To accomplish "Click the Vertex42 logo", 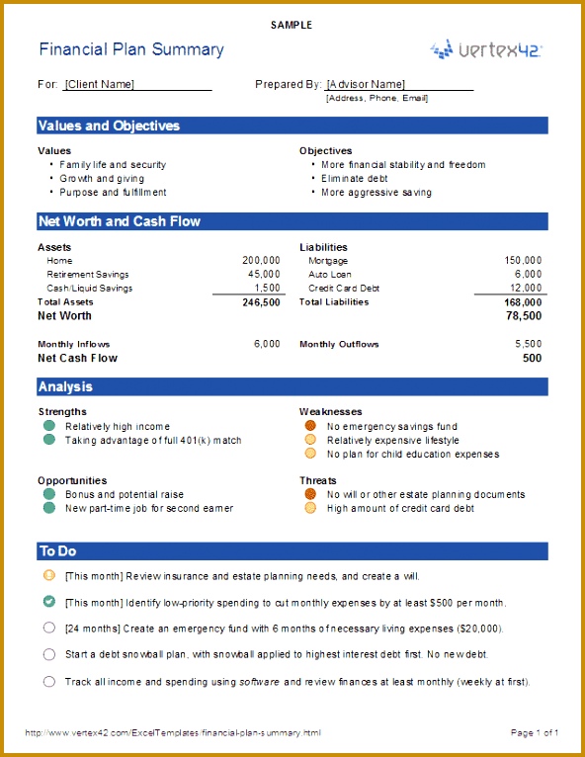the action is pos(485,49).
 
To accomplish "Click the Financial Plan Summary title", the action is pos(131,49).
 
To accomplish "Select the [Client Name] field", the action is pos(99,85).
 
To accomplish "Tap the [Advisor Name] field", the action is pos(366,85).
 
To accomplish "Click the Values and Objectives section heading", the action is pos(109,126).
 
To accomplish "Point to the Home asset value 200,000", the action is pos(261,261).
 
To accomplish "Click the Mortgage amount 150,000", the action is pos(523,261).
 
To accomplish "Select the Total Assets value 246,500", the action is pos(261,302).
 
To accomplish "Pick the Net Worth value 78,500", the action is pos(524,316).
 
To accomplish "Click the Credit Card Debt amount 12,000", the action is pos(526,289).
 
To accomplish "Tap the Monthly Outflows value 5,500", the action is pos(529,345).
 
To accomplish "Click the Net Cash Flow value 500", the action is pos(533,359).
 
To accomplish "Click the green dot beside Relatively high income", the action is pos(48,427).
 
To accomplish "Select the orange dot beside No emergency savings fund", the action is pos(310,427).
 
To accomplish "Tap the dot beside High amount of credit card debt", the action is pos(310,508).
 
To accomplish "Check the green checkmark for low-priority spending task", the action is pos(49,601).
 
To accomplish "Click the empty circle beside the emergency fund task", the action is pos(49,628).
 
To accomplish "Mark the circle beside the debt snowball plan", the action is pos(49,654).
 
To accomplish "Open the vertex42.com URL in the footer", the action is pos(173,732).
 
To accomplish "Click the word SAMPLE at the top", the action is pos(292,25).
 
